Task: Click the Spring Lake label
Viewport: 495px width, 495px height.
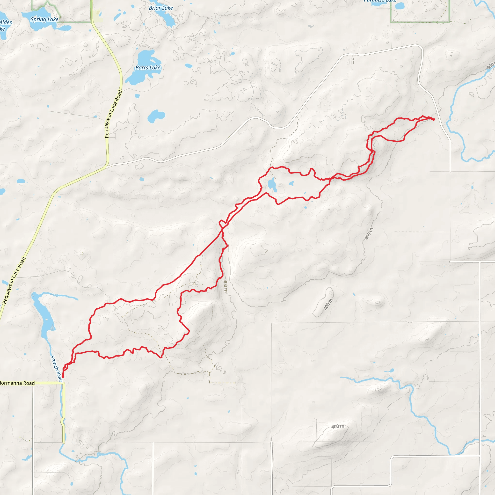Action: pyautogui.click(x=44, y=20)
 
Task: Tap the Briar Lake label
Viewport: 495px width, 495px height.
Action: pyautogui.click(x=161, y=8)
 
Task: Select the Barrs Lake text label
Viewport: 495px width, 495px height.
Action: pyautogui.click(x=148, y=68)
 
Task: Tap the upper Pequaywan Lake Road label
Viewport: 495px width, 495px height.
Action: pyautogui.click(x=114, y=114)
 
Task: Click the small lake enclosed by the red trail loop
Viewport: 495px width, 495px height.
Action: pyautogui.click(x=272, y=185)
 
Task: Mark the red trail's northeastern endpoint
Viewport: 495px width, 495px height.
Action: pyautogui.click(x=434, y=119)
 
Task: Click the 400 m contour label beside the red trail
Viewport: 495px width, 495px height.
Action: pyautogui.click(x=226, y=286)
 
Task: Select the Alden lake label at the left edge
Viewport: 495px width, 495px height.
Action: pyautogui.click(x=6, y=25)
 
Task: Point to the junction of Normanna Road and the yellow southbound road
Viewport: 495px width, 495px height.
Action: pyautogui.click(x=64, y=383)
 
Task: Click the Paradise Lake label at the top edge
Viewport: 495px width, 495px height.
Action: pyautogui.click(x=380, y=1)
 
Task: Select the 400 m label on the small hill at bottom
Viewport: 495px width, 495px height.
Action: pyautogui.click(x=338, y=426)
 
